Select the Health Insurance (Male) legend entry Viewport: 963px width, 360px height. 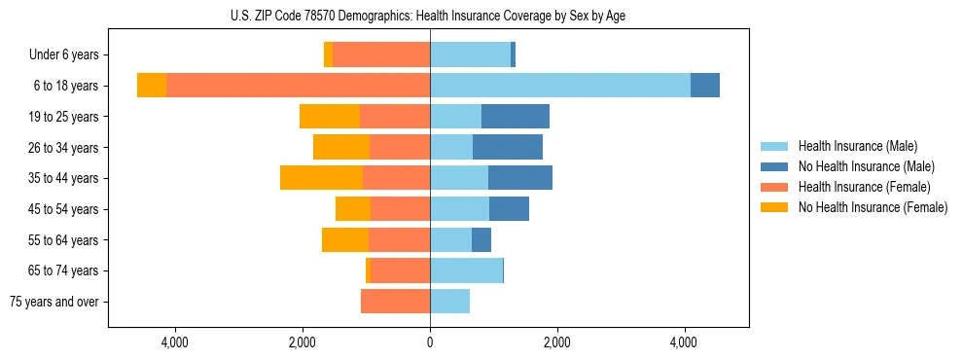pyautogui.click(x=857, y=146)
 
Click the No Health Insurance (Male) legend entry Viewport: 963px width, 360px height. pyautogui.click(x=866, y=166)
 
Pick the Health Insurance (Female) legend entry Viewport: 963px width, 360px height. pyautogui.click(x=864, y=187)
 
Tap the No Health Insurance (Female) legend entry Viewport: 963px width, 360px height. pyautogui.click(x=873, y=207)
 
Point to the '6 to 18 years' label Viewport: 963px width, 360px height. pyautogui.click(x=66, y=86)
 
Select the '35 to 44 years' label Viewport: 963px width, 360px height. pyautogui.click(x=63, y=178)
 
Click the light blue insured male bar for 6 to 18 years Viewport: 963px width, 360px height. pyautogui.click(x=559, y=86)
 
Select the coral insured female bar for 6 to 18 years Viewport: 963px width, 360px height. pyautogui.click(x=298, y=86)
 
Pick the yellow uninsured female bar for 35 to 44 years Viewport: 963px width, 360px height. pyautogui.click(x=321, y=178)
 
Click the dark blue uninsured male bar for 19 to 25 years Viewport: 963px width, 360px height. pyautogui.click(x=516, y=117)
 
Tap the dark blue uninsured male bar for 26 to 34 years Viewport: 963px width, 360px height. pyautogui.click(x=508, y=147)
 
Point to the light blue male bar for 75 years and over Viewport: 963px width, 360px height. pyautogui.click(x=449, y=302)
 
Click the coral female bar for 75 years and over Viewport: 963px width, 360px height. pyautogui.click(x=395, y=302)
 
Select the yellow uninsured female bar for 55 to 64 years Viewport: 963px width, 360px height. pyautogui.click(x=345, y=239)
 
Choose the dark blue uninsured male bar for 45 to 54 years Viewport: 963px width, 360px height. pyautogui.click(x=509, y=209)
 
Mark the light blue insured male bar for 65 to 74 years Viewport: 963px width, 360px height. pyautogui.click(x=466, y=270)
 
